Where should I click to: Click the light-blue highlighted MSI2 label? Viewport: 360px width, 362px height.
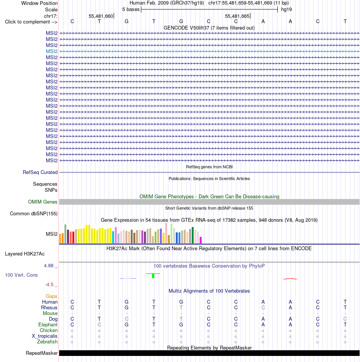click(52, 51)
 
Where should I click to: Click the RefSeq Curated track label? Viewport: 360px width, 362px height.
click(40, 172)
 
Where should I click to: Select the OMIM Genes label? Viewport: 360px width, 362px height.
click(43, 202)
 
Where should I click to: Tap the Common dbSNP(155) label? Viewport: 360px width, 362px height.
click(34, 213)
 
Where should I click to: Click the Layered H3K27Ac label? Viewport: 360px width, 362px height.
click(25, 254)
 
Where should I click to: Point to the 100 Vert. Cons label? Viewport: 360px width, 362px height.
click(21, 275)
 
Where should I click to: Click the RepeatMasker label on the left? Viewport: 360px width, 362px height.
click(42, 353)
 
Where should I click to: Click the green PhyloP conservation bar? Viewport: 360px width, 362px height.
click(153, 276)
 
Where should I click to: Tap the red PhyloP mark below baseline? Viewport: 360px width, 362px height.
click(290, 279)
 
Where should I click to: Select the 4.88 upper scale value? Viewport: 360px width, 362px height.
click(49, 266)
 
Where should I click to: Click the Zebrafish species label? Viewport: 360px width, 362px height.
click(47, 342)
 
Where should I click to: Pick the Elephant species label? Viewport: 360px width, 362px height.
click(48, 324)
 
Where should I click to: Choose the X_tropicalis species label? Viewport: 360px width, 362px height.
click(45, 336)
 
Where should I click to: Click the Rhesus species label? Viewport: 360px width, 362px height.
click(49, 307)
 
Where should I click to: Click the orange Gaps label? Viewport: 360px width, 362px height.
click(52, 296)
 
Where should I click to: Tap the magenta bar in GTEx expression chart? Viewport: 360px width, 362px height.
click(200, 240)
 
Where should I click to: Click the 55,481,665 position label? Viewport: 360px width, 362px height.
click(237, 16)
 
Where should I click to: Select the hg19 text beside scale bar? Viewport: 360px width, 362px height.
click(286, 9)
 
